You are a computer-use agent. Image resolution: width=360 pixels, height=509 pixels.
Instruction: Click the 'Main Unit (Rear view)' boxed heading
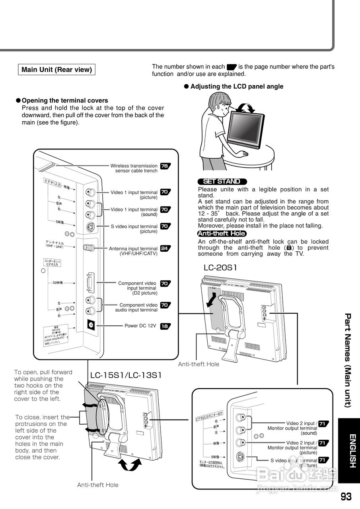point(56,70)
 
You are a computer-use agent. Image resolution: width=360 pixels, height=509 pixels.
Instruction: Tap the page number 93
point(346,497)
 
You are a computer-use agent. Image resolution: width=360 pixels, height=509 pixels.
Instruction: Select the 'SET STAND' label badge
point(222,181)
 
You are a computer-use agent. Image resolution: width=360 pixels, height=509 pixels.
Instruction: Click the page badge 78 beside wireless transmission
point(165,166)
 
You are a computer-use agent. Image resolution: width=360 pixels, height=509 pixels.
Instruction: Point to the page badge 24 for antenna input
point(165,249)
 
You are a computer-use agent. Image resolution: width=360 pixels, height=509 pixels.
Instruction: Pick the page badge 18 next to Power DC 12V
point(165,326)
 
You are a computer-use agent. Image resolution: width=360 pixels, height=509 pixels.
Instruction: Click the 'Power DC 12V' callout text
point(140,326)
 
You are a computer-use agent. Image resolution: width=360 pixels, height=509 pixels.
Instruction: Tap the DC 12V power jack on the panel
point(91,325)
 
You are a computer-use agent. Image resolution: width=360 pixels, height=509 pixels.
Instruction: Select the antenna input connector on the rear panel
point(89,247)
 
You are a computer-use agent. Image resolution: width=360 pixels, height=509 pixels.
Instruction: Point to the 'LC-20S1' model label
point(220,268)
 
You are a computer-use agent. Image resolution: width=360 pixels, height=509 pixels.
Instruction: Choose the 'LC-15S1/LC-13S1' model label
point(126,375)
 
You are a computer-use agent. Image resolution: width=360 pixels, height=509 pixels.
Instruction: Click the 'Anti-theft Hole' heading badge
point(222,233)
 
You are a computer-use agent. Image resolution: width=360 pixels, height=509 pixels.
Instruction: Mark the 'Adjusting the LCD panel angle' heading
point(237,87)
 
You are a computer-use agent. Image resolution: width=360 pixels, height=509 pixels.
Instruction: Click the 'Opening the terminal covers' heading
point(64,101)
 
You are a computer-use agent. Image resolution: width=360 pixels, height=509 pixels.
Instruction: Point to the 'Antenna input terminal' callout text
point(133,251)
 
